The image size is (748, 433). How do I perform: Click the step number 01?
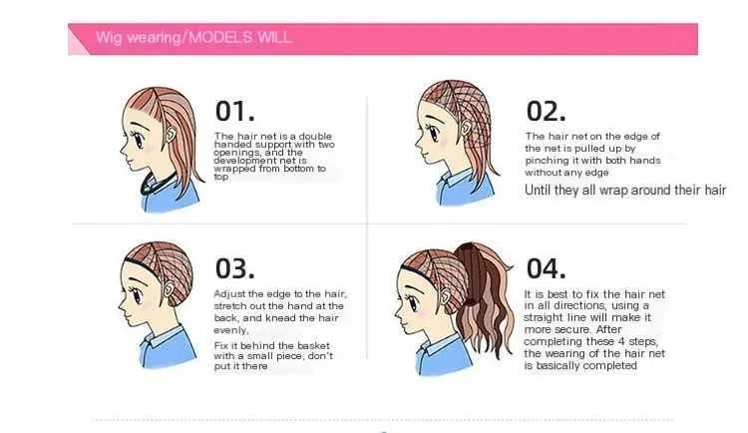pyautogui.click(x=234, y=111)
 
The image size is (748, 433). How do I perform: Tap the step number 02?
pyautogui.click(x=547, y=111)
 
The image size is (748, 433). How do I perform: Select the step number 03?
pyautogui.click(x=234, y=268)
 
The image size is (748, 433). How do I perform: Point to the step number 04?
pyautogui.click(x=547, y=268)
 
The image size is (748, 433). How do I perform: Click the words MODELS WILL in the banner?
pyautogui.click(x=241, y=38)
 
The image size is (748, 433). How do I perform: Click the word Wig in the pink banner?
pyautogui.click(x=110, y=38)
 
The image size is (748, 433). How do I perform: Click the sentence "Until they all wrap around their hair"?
pyautogui.click(x=625, y=190)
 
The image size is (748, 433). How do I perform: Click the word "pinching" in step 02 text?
pyautogui.click(x=545, y=161)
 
